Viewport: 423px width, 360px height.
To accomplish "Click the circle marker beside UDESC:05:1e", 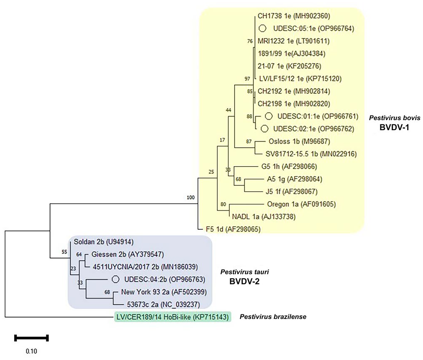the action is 262,28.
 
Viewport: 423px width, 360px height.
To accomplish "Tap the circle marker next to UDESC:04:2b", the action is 115,279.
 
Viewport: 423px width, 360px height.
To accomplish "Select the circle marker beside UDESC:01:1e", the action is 269,116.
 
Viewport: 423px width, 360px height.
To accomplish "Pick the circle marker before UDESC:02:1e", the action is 265,129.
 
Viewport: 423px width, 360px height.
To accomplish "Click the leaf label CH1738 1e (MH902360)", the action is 294,16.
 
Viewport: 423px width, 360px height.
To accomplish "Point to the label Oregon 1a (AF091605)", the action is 301,204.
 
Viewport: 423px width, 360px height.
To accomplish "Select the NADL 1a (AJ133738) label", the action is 264,216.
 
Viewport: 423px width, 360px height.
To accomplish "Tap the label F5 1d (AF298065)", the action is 233,229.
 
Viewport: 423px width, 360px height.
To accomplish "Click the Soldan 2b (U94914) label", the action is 104,242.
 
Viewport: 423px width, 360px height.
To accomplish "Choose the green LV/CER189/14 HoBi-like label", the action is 172,317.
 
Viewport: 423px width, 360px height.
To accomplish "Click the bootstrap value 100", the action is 190,198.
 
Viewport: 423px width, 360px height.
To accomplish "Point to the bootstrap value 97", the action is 247,79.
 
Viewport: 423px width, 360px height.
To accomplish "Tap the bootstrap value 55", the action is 64,252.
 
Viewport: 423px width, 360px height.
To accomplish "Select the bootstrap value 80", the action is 223,204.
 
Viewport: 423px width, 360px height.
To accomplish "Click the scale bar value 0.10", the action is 31,351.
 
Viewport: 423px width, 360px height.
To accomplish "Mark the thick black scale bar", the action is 31,337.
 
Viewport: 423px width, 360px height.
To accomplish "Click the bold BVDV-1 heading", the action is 394,127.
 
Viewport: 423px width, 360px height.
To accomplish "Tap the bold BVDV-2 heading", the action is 244,281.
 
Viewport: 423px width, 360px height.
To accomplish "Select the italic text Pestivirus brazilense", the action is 273,316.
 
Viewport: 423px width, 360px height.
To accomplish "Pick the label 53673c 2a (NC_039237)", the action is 164,304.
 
